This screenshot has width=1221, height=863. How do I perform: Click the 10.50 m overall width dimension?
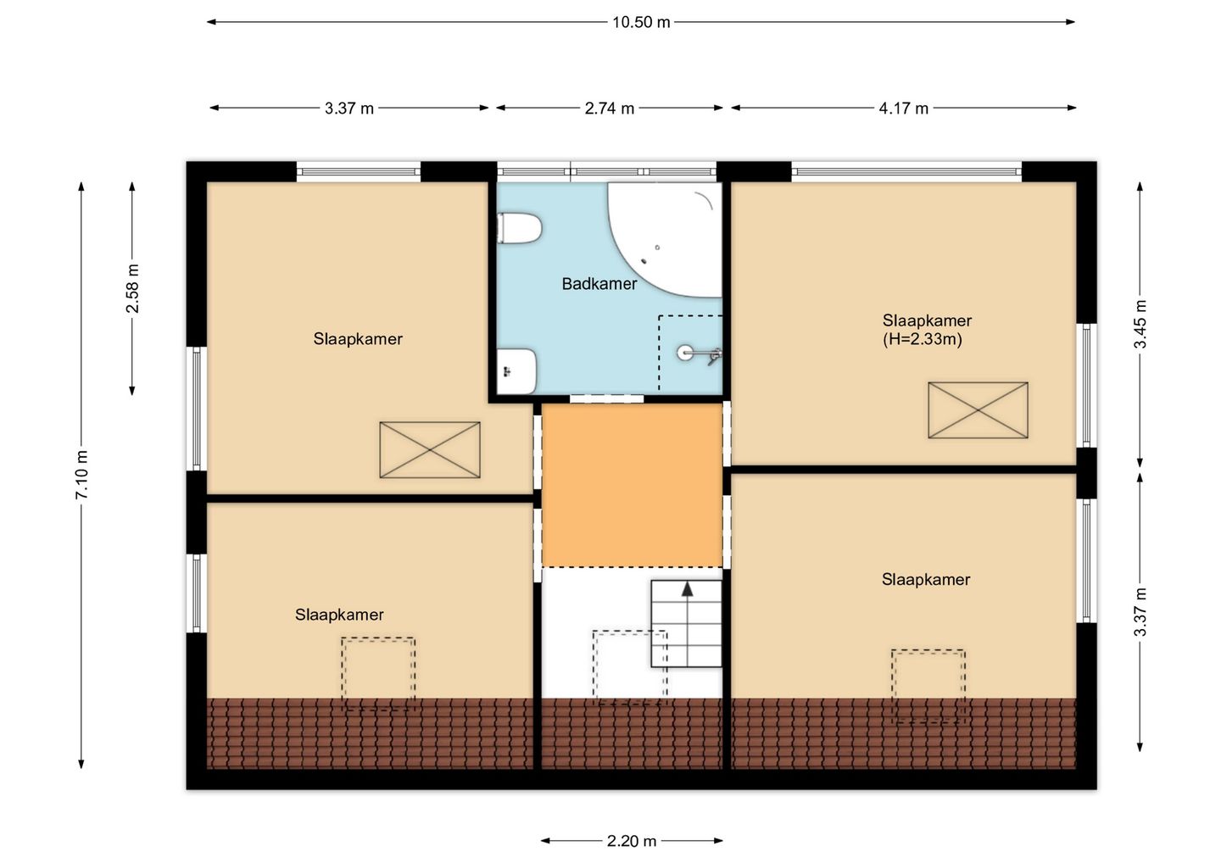pos(641,22)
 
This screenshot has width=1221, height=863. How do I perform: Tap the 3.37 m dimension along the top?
pos(348,109)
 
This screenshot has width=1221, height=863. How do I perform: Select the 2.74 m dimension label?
pos(610,109)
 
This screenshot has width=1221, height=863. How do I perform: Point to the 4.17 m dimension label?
pos(903,109)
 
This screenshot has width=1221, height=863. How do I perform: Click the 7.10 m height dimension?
pos(81,475)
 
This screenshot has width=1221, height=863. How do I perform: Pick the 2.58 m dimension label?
pos(132,288)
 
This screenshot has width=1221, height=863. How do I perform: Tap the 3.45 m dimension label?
pos(1140,324)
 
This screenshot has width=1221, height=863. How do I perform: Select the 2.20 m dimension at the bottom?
pos(632,841)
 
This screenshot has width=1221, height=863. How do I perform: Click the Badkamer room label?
pos(599,284)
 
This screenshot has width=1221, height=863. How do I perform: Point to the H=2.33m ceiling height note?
pos(923,339)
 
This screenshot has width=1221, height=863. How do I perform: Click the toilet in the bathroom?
pos(519,228)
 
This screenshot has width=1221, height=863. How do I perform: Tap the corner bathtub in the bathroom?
pos(666,240)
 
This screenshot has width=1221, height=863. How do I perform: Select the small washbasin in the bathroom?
pos(516,371)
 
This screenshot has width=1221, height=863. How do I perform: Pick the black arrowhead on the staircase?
pos(688,589)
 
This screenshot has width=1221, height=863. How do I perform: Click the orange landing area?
pos(632,485)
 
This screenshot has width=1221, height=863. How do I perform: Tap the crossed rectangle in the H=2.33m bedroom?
pos(978,410)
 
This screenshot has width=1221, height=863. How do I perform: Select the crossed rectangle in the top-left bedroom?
pos(430,450)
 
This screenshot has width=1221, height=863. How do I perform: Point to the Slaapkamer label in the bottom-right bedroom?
pos(926,579)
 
